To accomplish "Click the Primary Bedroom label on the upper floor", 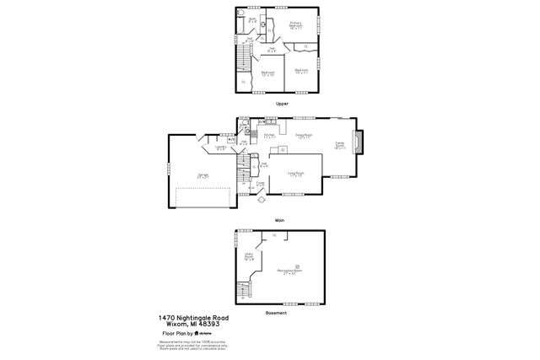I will pyautogui.click(x=296, y=24).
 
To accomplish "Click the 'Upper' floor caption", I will pyautogui.click(x=282, y=103).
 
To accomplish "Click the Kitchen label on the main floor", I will pyautogui.click(x=269, y=136).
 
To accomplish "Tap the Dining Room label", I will pyautogui.click(x=305, y=136).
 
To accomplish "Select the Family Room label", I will pyautogui.click(x=340, y=146).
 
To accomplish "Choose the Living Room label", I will pyautogui.click(x=295, y=174).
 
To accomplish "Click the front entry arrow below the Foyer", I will pyautogui.click(x=261, y=199).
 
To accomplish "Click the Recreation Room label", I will pyautogui.click(x=291, y=271).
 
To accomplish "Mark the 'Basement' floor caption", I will pyautogui.click(x=276, y=312).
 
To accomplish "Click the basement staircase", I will pyautogui.click(x=245, y=289).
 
